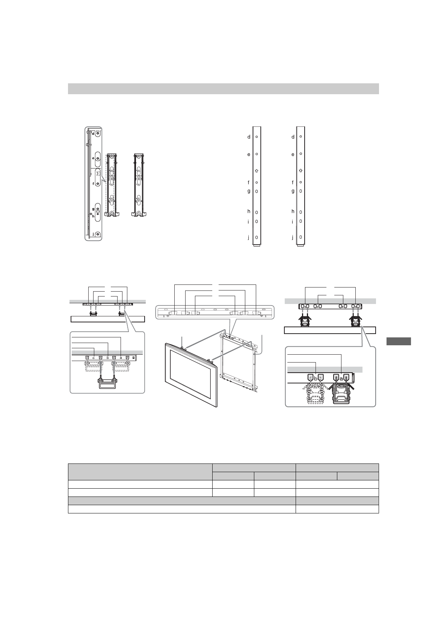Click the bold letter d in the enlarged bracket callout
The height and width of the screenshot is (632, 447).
click(93, 134)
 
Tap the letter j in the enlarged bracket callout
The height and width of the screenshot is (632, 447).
click(93, 234)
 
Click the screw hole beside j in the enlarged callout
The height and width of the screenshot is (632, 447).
click(98, 234)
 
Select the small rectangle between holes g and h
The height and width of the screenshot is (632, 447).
click(98, 211)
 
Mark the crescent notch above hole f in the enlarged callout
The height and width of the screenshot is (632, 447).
click(98, 173)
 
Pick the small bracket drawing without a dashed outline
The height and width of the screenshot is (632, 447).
click(139, 185)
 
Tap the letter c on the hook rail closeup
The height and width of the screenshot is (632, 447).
click(94, 358)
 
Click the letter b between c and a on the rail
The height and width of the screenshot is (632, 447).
click(107, 358)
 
